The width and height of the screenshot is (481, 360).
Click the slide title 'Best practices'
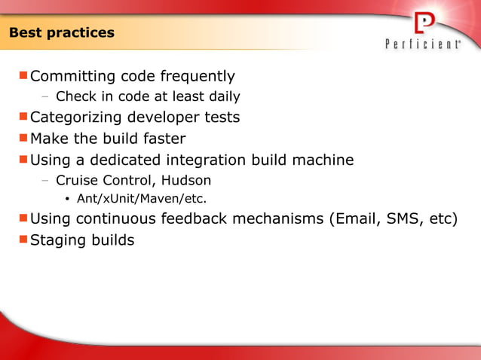click(x=62, y=33)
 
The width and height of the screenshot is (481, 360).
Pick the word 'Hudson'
click(x=186, y=181)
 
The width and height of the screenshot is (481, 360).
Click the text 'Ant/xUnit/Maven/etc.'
click(x=142, y=200)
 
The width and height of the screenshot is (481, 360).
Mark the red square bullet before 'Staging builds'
click(x=23, y=239)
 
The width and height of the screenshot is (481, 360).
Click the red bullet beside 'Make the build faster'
click(x=23, y=137)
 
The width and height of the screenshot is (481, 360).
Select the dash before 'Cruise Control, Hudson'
click(x=46, y=181)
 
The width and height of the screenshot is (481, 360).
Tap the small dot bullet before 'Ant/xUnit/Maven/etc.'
click(x=68, y=200)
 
